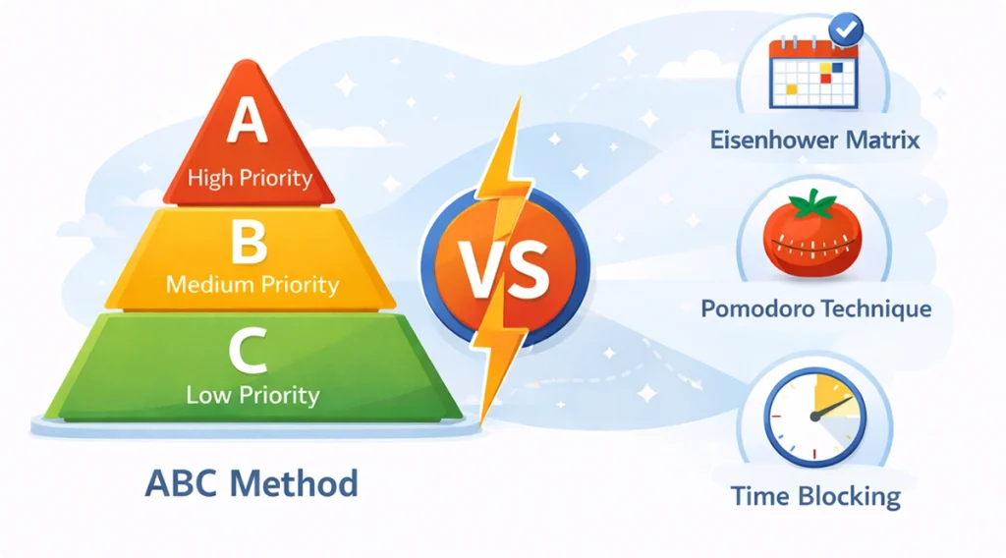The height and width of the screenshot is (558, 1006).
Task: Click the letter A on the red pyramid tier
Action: tap(248, 124)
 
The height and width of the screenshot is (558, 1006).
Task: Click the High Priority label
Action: tap(250, 178)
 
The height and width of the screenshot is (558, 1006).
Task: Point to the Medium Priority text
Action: tap(252, 285)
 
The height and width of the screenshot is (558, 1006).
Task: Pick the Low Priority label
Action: tap(252, 395)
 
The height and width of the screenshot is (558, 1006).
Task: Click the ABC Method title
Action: tap(251, 483)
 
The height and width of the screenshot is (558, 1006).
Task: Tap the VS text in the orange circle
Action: tap(505, 270)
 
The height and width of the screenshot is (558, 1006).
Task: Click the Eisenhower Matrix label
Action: tap(814, 140)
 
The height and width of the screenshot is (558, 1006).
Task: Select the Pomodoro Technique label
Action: tap(815, 308)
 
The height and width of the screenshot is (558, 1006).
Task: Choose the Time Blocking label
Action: tap(815, 496)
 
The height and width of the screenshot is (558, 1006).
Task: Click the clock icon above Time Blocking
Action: tap(814, 417)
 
